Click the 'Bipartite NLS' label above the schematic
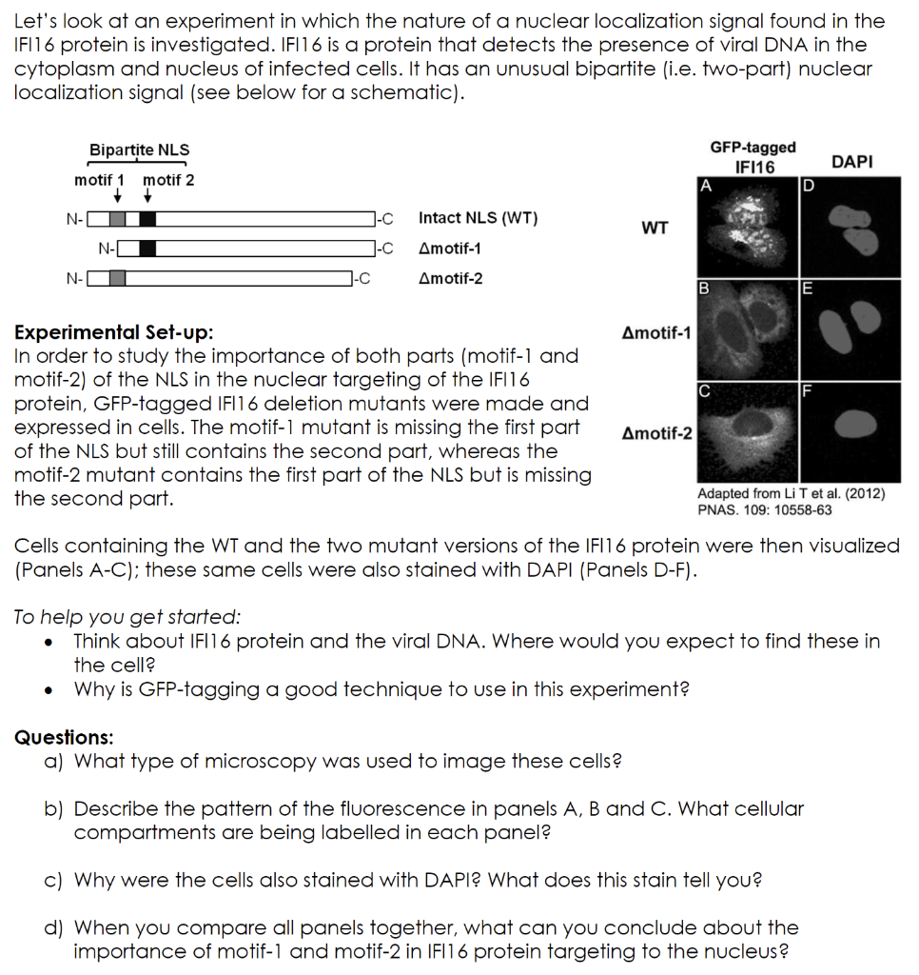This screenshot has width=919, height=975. click(x=139, y=149)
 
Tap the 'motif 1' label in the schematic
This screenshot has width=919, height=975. click(x=100, y=180)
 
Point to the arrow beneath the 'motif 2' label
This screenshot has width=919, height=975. click(x=148, y=197)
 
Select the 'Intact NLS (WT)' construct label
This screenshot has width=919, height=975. click(x=478, y=218)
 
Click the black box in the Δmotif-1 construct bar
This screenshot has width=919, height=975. click(x=148, y=249)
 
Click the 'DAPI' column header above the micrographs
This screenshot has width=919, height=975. click(x=851, y=162)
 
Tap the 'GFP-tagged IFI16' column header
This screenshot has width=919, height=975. click(x=753, y=157)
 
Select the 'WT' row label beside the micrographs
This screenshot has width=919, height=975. click(x=655, y=228)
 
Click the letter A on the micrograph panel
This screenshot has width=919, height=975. click(x=704, y=186)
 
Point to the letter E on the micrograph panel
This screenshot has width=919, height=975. click(x=807, y=288)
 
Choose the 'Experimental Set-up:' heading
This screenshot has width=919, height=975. click(x=114, y=333)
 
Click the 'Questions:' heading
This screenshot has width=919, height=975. click(x=64, y=737)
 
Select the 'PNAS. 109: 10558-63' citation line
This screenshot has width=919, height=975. click(x=764, y=509)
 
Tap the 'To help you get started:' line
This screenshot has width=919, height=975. click(x=127, y=617)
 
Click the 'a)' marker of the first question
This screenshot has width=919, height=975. click(x=54, y=761)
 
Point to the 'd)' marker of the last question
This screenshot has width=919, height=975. click(x=54, y=927)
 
